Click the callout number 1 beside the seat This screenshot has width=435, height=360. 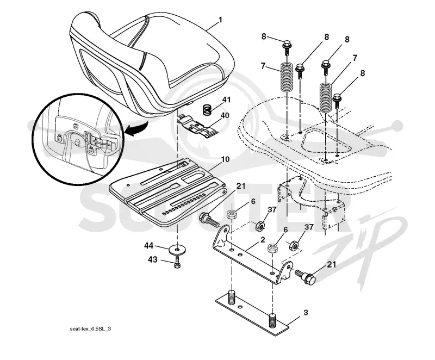point(220,20)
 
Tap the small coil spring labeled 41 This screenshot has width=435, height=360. point(206,109)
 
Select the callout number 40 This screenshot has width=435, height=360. point(225,115)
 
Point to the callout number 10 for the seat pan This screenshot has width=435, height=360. point(225,159)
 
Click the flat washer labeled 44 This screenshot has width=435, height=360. point(176,250)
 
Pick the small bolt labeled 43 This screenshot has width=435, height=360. point(177,261)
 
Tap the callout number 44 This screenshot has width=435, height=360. point(149,245)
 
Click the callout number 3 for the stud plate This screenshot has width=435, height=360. point(306,313)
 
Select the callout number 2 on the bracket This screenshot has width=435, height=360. point(263,240)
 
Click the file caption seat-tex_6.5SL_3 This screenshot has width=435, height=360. point(90,329)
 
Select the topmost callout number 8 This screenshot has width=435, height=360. point(264,36)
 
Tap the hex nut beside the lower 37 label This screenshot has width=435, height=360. point(294,245)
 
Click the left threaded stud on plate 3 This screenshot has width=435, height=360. point(232,297)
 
